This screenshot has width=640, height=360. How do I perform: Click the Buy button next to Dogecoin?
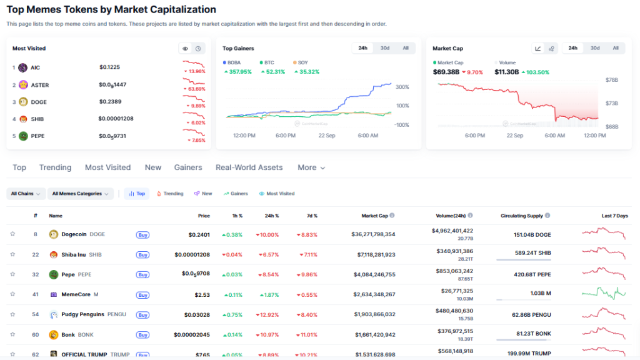(x=142, y=234)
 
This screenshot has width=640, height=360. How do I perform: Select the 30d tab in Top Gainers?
(x=385, y=48)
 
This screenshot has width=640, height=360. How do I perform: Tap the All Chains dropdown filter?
(x=26, y=194)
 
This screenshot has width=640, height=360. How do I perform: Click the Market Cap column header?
(x=375, y=216)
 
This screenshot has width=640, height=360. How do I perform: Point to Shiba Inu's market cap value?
(x=373, y=254)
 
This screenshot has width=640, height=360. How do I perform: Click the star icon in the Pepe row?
(x=12, y=274)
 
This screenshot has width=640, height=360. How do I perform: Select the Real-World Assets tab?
(x=249, y=167)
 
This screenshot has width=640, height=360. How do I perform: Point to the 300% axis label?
(x=402, y=87)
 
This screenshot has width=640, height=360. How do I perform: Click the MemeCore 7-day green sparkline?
(x=603, y=292)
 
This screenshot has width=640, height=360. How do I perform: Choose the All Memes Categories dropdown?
(x=81, y=194)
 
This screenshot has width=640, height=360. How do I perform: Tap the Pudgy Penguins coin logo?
(x=53, y=314)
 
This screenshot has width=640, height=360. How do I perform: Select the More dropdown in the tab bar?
(x=311, y=167)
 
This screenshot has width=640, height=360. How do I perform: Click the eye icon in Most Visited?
(x=185, y=48)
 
